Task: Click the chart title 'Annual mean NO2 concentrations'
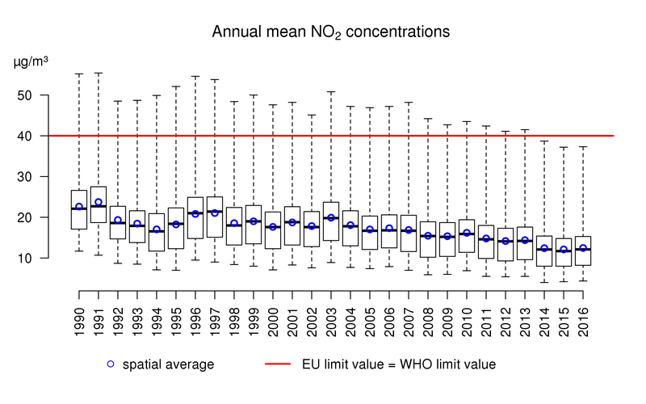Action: (x=330, y=33)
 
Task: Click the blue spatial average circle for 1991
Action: (x=99, y=202)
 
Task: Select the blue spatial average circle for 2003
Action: (x=331, y=217)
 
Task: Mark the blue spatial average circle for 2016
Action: (x=583, y=248)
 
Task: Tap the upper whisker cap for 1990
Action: (x=79, y=74)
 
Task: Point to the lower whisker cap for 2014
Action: (x=544, y=282)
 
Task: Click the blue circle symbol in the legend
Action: (x=111, y=364)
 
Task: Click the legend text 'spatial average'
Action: (x=168, y=364)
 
